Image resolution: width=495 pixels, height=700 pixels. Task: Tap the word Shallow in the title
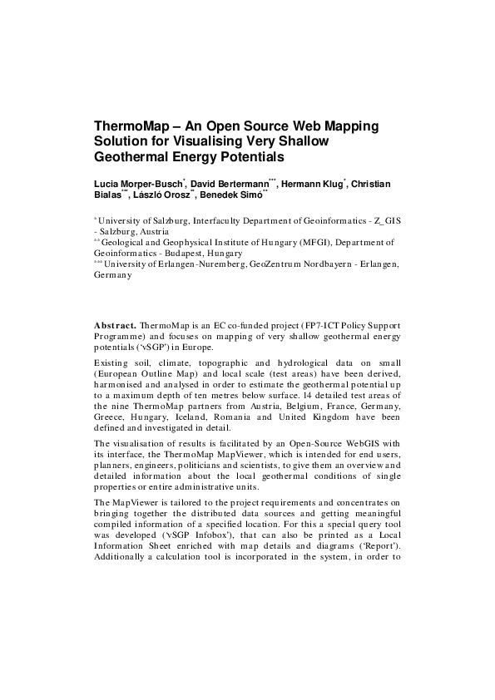304,141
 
